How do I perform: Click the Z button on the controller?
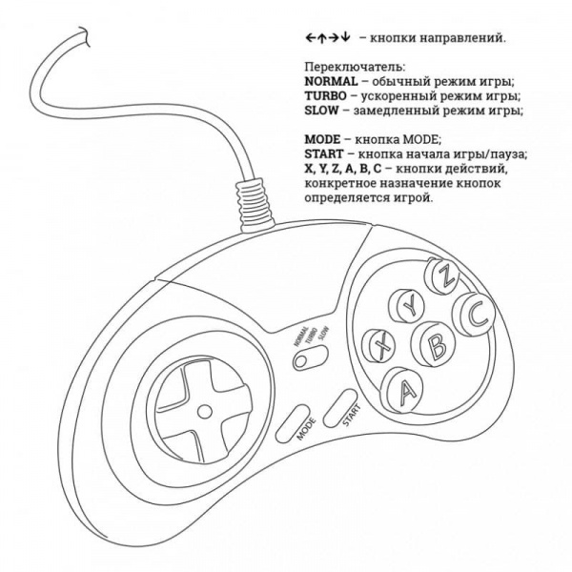(443, 276)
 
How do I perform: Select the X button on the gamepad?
(380, 345)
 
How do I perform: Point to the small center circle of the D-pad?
(204, 412)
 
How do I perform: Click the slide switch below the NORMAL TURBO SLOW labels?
(310, 357)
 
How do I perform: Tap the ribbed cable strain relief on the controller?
(255, 204)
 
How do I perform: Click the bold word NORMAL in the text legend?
(331, 81)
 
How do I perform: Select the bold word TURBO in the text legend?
(325, 95)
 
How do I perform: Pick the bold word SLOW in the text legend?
(321, 111)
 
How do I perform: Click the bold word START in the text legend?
(324, 153)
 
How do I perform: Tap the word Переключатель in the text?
(355, 67)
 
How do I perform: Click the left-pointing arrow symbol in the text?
(311, 37)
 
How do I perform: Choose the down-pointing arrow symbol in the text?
(346, 37)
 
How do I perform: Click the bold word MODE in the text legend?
(322, 139)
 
